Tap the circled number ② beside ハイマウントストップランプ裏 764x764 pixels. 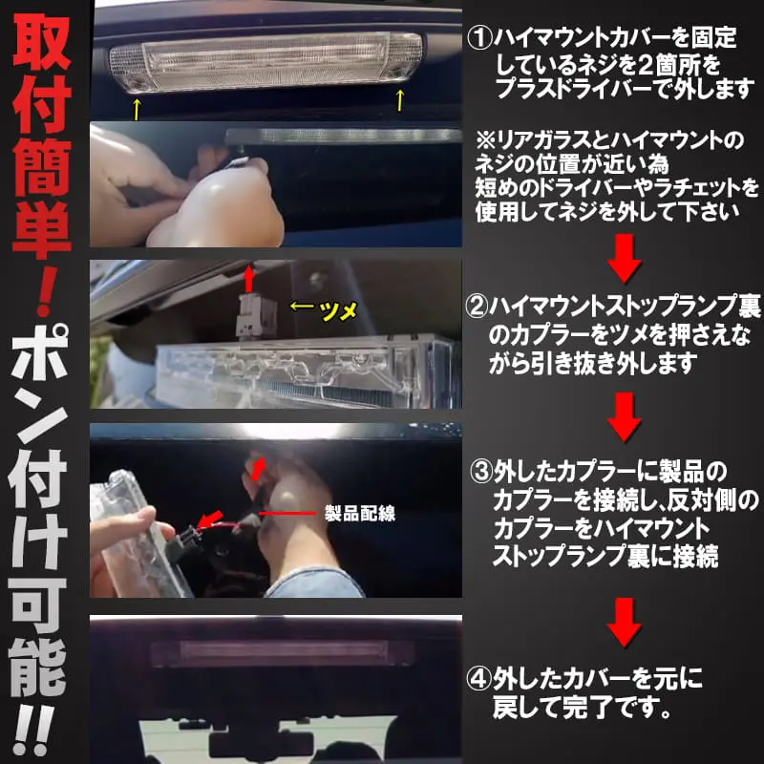[477, 307]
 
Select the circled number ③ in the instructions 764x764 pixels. [481, 472]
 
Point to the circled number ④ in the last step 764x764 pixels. [477, 679]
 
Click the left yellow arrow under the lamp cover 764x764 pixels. [137, 109]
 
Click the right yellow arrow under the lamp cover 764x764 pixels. [400, 100]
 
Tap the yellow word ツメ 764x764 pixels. [340, 309]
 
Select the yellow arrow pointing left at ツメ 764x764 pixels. [302, 307]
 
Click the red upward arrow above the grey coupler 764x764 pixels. [249, 278]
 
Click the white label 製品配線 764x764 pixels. [360, 513]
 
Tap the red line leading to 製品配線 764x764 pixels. [287, 513]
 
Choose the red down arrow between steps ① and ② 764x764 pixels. [625, 259]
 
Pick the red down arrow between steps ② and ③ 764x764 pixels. [625, 417]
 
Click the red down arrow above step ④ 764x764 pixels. [625, 623]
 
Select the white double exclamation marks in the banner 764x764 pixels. [34, 732]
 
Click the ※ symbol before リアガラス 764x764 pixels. [486, 141]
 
